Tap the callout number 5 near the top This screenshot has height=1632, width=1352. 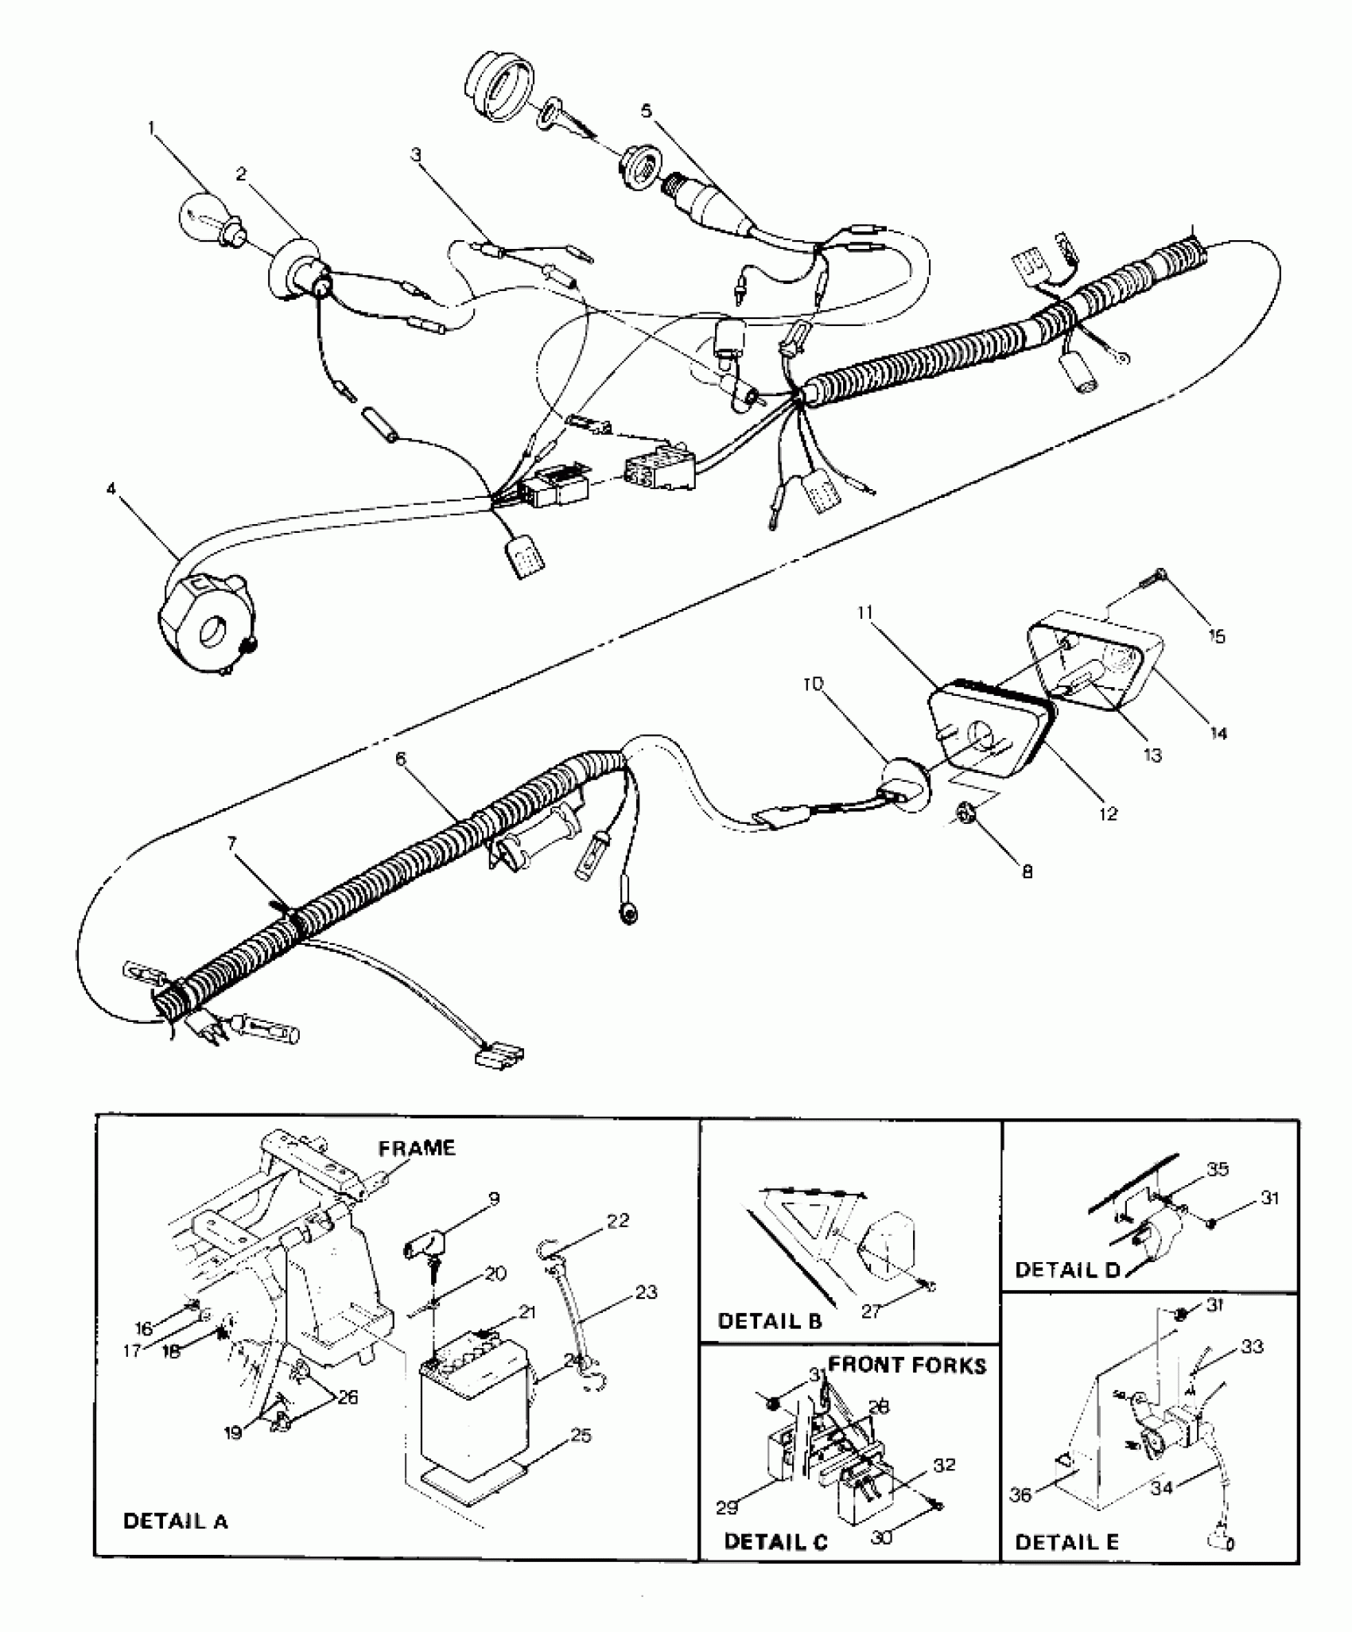[x=647, y=111]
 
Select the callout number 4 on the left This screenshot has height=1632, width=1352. [x=111, y=488]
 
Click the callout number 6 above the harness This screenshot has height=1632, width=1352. [x=400, y=760]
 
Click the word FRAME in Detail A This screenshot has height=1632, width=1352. [x=417, y=1148]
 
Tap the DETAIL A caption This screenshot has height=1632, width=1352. [x=176, y=1521]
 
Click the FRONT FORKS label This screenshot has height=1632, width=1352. [x=907, y=1366]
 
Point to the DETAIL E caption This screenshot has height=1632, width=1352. [x=1067, y=1543]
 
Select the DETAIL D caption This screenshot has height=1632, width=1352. [x=1067, y=1270]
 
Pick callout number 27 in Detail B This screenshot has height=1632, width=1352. [x=872, y=1311]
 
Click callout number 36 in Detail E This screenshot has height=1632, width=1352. [x=1021, y=1495]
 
